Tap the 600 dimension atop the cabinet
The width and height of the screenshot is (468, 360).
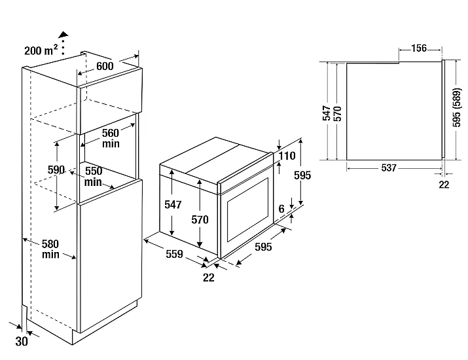click(x=105, y=66)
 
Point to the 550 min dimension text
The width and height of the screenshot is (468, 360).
click(x=93, y=175)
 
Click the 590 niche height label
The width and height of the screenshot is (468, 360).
click(x=57, y=170)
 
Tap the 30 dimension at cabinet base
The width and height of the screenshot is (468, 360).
click(x=22, y=341)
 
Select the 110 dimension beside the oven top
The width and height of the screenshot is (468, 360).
click(x=288, y=156)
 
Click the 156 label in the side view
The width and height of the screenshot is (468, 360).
click(x=419, y=48)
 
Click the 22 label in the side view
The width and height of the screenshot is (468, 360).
click(x=444, y=185)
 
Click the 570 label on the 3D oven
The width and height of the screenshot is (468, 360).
click(x=200, y=219)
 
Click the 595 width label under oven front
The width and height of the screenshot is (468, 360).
click(x=262, y=247)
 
